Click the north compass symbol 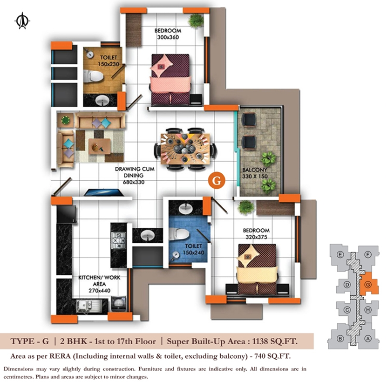[22, 21]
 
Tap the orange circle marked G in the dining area [217, 180]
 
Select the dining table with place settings [185, 149]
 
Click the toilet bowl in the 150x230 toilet [93, 76]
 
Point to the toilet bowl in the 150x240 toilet [179, 234]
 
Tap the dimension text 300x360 [168, 37]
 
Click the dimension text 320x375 [256, 237]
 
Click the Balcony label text [255, 170]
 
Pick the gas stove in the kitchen [119, 240]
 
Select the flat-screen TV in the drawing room [103, 192]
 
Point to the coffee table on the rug [100, 146]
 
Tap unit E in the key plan [340, 254]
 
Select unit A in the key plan [368, 339]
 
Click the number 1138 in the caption [260, 341]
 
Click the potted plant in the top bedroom [196, 21]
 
